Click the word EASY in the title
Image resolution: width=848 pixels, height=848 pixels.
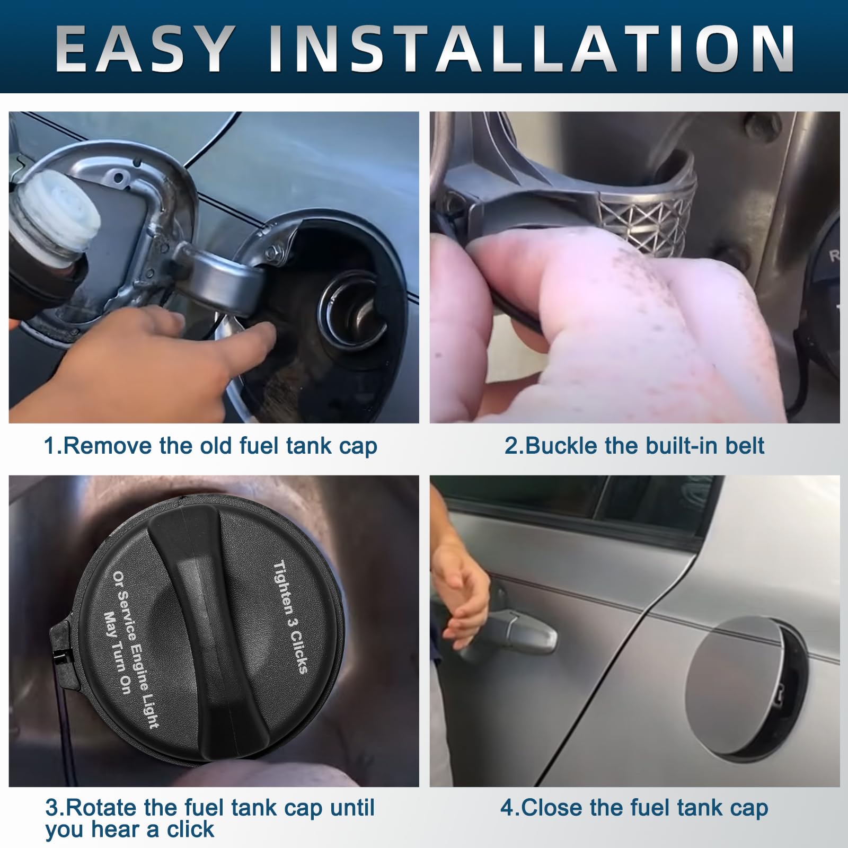(x=145, y=49)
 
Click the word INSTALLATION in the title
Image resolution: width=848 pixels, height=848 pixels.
(x=532, y=49)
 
